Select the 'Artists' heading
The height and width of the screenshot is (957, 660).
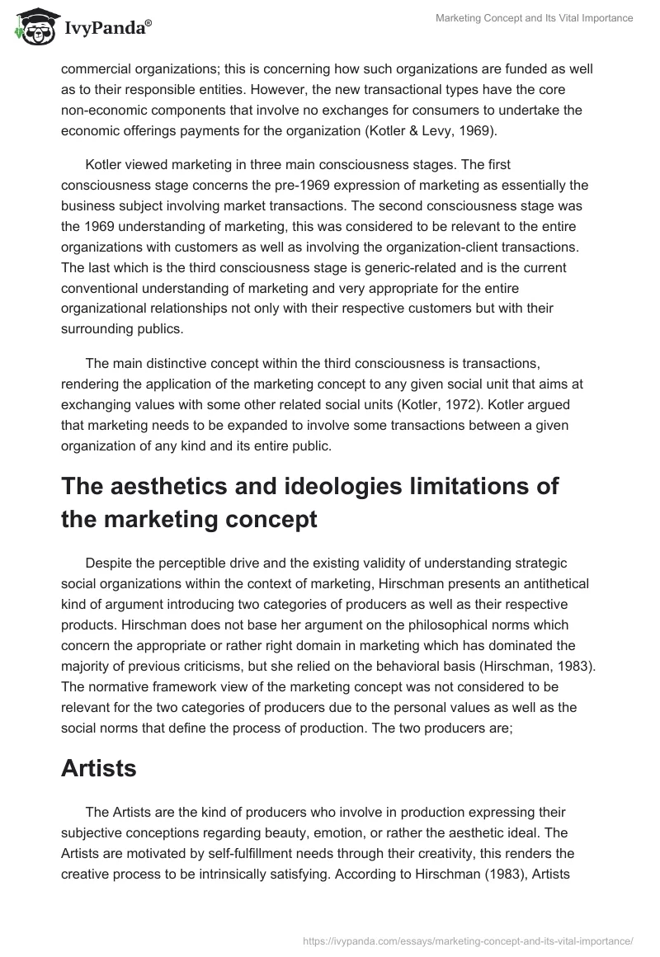point(99,769)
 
